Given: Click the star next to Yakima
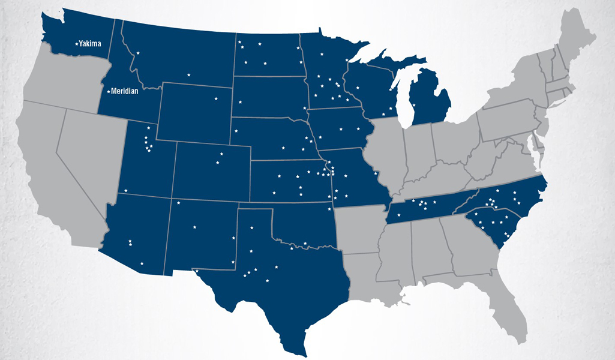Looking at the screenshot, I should [x=76, y=43].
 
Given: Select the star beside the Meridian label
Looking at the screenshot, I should [x=108, y=91].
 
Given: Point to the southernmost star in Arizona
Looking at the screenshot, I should [x=142, y=263].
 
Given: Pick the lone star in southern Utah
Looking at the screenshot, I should [x=126, y=191].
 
